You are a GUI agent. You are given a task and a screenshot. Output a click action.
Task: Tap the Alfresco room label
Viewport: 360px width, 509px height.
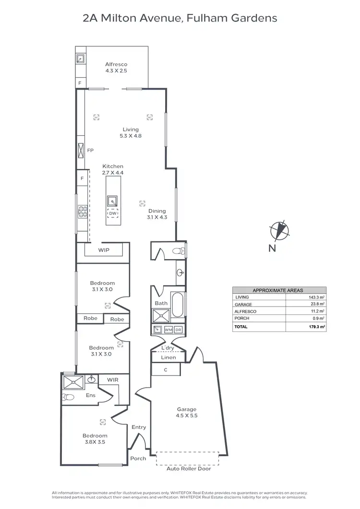(116, 67)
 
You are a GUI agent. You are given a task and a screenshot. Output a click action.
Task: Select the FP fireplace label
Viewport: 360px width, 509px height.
(90, 150)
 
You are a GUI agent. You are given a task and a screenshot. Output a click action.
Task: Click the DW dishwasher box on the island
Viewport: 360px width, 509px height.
(113, 213)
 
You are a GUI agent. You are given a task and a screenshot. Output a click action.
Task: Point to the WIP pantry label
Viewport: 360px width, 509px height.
(104, 250)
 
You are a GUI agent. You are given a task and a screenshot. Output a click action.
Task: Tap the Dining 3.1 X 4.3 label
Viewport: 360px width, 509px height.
(156, 214)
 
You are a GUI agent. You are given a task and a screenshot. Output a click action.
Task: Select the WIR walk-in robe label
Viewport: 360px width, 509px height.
(112, 380)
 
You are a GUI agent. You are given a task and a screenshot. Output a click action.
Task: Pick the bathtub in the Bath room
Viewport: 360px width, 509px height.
(177, 305)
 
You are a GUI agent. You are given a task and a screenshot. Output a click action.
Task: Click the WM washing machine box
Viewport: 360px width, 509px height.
(168, 330)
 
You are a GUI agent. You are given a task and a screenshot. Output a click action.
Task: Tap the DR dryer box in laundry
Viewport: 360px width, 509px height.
(178, 330)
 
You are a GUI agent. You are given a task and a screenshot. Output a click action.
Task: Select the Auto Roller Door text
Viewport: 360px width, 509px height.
(187, 469)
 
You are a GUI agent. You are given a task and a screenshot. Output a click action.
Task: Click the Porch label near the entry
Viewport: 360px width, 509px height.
(138, 459)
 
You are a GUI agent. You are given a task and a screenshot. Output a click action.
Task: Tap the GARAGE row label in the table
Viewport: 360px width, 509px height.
(244, 304)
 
